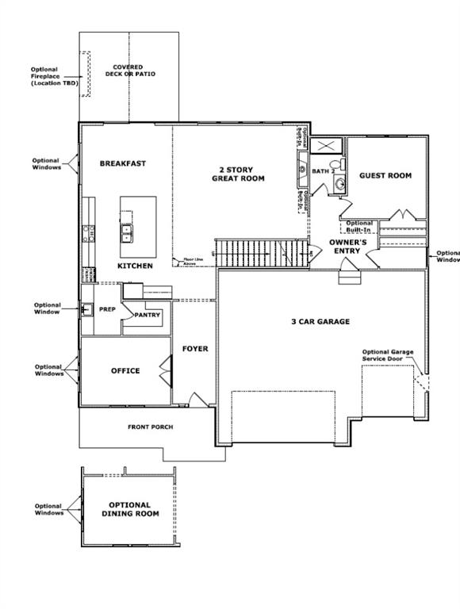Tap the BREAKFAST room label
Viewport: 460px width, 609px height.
pyautogui.click(x=123, y=163)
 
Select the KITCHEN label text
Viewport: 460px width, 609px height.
pyautogui.click(x=135, y=266)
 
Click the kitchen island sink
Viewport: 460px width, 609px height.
pyautogui.click(x=127, y=232)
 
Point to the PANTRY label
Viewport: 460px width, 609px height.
pyautogui.click(x=148, y=315)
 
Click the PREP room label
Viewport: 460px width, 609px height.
pyautogui.click(x=107, y=308)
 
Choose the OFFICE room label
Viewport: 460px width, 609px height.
pyautogui.click(x=125, y=370)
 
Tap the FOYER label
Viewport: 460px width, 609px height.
pyautogui.click(x=195, y=349)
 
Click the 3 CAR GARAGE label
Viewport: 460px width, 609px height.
pyautogui.click(x=320, y=321)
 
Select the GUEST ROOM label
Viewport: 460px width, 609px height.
pyautogui.click(x=385, y=175)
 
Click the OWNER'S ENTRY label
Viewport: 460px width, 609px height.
pyautogui.click(x=347, y=246)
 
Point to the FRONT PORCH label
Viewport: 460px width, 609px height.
pyautogui.click(x=150, y=427)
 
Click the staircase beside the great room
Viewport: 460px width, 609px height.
pyautogui.click(x=246, y=253)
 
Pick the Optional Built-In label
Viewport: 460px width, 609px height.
pyautogui.click(x=358, y=226)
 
